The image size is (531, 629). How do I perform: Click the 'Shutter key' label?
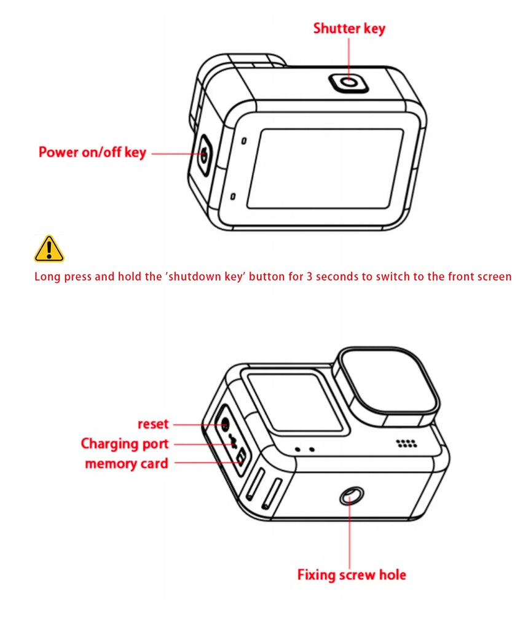(x=349, y=29)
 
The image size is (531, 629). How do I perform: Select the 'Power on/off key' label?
(x=92, y=152)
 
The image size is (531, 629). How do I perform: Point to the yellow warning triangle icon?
(x=49, y=249)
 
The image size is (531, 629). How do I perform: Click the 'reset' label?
(x=153, y=424)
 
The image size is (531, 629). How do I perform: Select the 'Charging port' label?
(x=124, y=443)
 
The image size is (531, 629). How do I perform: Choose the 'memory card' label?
(x=126, y=463)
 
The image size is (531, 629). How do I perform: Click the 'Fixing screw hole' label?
(x=352, y=575)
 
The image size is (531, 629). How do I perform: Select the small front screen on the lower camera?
(x=296, y=402)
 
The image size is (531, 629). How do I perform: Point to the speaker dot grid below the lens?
(x=404, y=443)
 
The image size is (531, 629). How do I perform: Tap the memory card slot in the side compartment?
(x=241, y=456)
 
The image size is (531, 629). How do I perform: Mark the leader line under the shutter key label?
(x=348, y=57)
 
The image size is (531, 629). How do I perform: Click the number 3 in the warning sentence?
(x=309, y=276)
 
